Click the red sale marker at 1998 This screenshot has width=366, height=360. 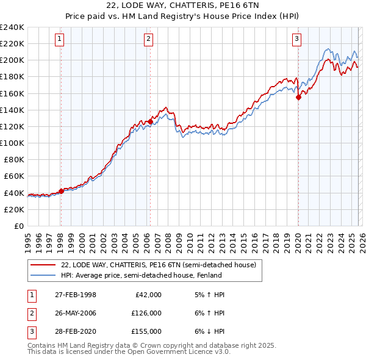(61, 191)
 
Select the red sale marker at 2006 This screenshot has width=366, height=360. (150, 121)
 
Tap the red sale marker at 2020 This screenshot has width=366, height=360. (298, 97)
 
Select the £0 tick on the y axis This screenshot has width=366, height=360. (20, 226)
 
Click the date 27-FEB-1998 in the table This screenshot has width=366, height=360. (75, 295)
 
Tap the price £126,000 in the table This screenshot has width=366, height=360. (146, 313)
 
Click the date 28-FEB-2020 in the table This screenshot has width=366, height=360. (75, 331)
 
